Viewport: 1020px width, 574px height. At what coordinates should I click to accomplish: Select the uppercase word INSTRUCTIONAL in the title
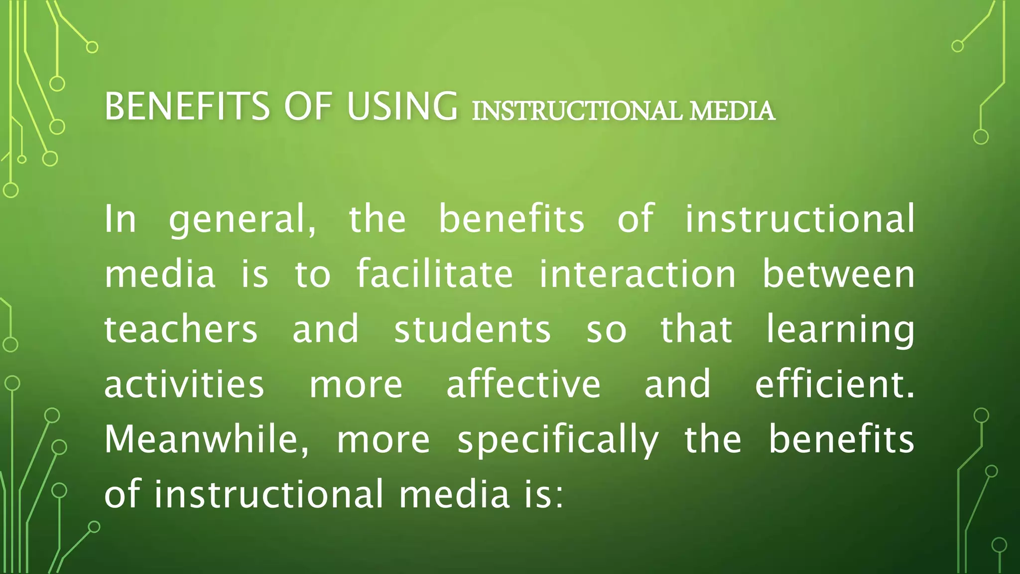click(577, 111)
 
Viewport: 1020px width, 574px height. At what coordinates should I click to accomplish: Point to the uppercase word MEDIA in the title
click(732, 111)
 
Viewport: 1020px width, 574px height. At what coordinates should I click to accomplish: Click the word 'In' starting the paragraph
click(120, 219)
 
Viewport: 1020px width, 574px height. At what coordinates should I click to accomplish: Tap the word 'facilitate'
click(434, 274)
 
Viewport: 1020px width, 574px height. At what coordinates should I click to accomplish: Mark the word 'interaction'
click(637, 274)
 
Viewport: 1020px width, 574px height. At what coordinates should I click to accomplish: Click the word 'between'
click(839, 274)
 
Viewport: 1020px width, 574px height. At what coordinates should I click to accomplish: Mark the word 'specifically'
click(558, 441)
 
